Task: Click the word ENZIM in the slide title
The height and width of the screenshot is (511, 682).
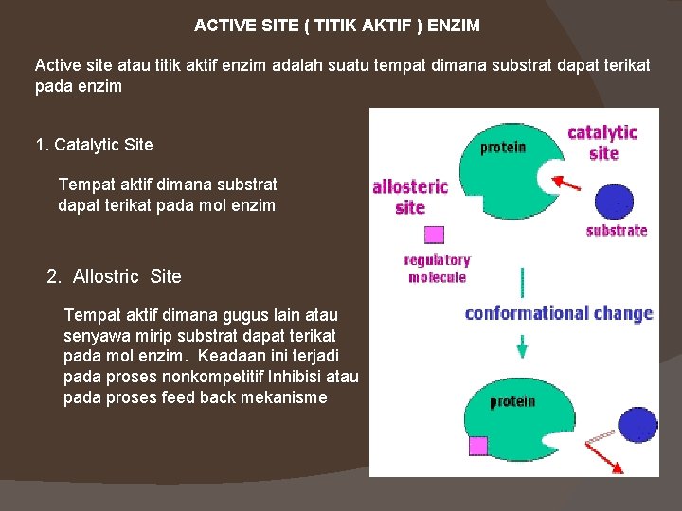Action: tap(454, 26)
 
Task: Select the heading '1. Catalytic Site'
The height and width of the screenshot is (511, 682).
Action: tap(94, 145)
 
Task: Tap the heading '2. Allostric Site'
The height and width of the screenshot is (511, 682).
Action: tap(114, 276)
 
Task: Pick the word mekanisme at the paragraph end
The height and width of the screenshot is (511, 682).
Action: tap(280, 397)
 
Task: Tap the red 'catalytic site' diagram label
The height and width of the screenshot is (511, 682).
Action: tap(601, 142)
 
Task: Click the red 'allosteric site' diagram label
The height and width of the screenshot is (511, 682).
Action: tap(409, 197)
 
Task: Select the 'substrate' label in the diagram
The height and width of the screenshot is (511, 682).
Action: tap(617, 230)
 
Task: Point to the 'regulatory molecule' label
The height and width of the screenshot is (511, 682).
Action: tap(437, 269)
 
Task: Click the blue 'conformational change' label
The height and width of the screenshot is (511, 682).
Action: tap(559, 313)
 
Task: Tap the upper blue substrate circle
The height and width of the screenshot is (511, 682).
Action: tap(614, 201)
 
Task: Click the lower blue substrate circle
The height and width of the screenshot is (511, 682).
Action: tap(637, 426)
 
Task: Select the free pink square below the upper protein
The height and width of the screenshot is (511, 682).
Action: tap(434, 235)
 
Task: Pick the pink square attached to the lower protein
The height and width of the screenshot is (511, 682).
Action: tap(478, 445)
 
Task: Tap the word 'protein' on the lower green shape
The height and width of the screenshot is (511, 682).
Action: tap(512, 401)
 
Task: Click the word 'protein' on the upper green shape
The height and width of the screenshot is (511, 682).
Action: tap(503, 148)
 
